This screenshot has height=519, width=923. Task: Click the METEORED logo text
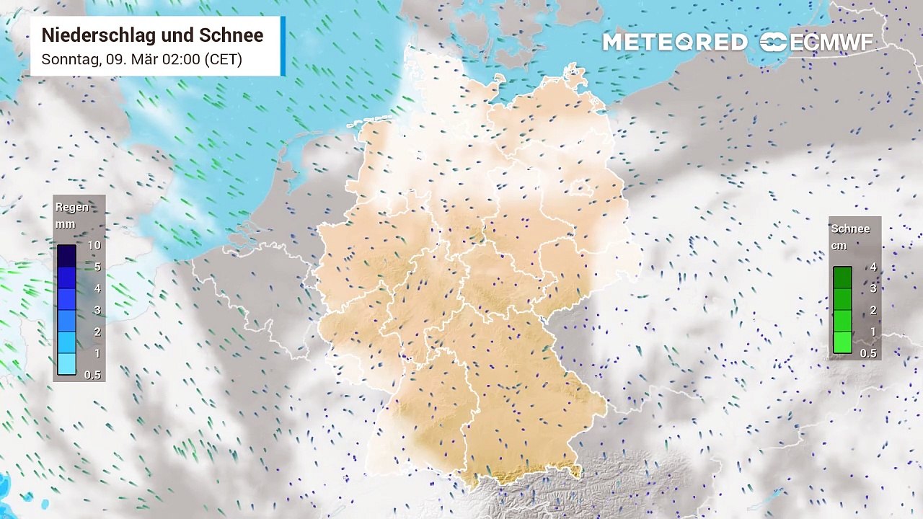tap(675, 43)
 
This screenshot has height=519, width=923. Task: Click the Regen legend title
tap(72, 208)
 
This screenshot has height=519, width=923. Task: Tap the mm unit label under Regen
tap(65, 224)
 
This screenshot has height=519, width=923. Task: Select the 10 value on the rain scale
tap(94, 246)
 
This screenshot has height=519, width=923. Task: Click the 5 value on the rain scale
tap(97, 267)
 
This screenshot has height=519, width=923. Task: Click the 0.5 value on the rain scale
tap(92, 375)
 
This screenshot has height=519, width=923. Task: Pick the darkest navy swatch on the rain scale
tap(66, 256)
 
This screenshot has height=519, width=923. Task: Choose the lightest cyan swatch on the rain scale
tap(66, 364)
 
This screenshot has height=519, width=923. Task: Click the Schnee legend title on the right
tap(851, 229)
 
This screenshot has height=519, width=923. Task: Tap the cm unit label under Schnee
tap(839, 246)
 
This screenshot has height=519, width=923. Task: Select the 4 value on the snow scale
tap(873, 267)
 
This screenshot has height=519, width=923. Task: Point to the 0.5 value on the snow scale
tap(869, 353)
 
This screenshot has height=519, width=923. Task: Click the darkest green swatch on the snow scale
tap(842, 278)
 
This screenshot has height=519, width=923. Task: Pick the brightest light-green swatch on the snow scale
tap(842, 342)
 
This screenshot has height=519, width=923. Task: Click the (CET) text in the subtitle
tap(223, 59)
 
